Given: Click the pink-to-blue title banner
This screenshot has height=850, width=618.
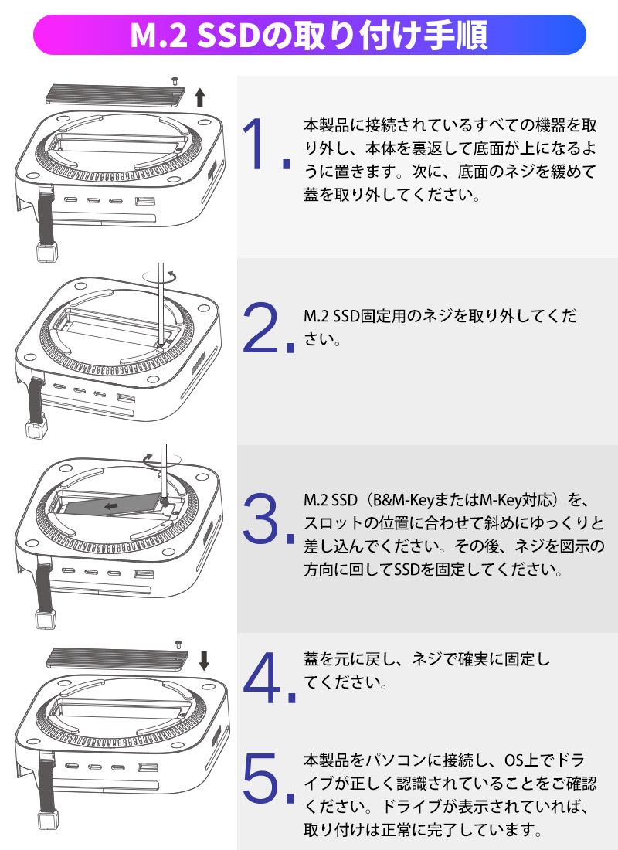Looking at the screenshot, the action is coord(310,35).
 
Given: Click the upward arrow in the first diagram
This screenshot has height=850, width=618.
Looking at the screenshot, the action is coord(200,97).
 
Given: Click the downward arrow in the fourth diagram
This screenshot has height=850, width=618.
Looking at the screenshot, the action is coord(204,661).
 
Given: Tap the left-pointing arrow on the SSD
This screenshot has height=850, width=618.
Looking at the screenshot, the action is coord(110,506).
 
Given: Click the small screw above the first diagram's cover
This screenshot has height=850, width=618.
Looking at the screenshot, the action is coord(175,81).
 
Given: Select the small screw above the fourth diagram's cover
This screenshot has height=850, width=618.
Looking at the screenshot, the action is coord(178,644).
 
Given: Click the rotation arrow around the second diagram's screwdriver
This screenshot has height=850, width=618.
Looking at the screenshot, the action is coord(160,276).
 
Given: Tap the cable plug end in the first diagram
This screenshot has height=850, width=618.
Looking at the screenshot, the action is coord(46,252).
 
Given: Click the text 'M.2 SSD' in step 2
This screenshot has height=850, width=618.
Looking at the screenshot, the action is coord(331,315).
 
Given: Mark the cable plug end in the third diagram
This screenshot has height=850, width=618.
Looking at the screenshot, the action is coord(46,619).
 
